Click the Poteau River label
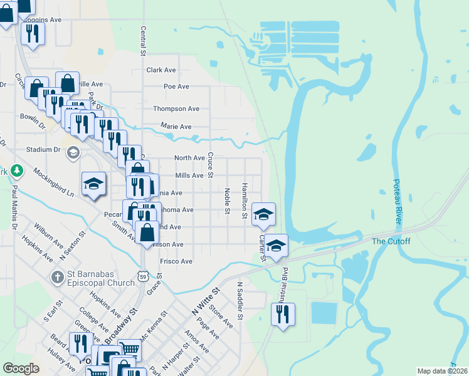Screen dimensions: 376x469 pos(398,202)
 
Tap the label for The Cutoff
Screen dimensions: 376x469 pos(391,241)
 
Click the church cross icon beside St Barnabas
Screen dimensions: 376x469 pos(56,276)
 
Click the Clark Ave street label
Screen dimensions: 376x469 pos(161,70)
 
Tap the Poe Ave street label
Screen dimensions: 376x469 pos(176,86)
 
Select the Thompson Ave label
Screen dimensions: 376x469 pos(176,108)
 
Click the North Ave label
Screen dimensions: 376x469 pos(189,158)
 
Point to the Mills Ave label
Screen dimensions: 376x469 pos(189,175)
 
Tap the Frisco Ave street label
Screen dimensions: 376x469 pos(176,261)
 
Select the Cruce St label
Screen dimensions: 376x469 pos(211,164)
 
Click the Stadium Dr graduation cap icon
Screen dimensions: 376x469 pos(73,152)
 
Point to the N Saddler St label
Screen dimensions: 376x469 pos(239,305)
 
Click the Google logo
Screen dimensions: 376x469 pos(21,368)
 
